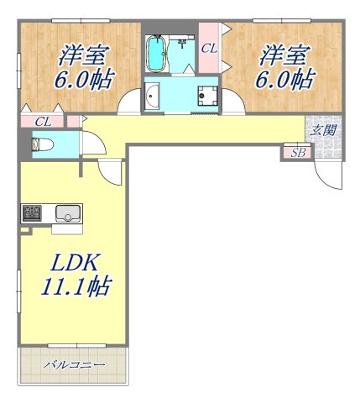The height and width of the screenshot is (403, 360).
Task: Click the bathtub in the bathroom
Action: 156,55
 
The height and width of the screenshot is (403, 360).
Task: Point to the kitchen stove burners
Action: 32,212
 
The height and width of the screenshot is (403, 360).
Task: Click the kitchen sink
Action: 65,212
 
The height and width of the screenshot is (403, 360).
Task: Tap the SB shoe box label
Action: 295,152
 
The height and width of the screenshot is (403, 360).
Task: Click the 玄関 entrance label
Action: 323,130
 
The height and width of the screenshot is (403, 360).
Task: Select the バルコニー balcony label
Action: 75,365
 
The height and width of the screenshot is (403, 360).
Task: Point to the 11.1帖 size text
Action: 73,286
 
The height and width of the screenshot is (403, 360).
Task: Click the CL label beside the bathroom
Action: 209,49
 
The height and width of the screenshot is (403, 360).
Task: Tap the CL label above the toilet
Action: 44,122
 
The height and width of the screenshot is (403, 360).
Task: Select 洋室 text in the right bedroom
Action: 281,55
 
